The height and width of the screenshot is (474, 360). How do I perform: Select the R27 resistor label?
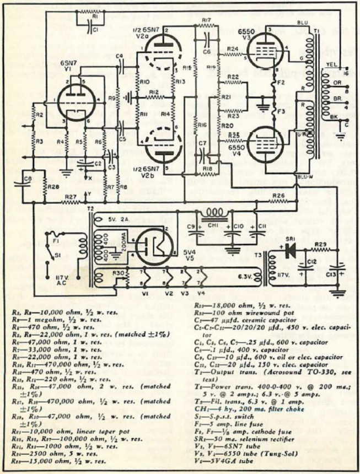coord(70,196)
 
